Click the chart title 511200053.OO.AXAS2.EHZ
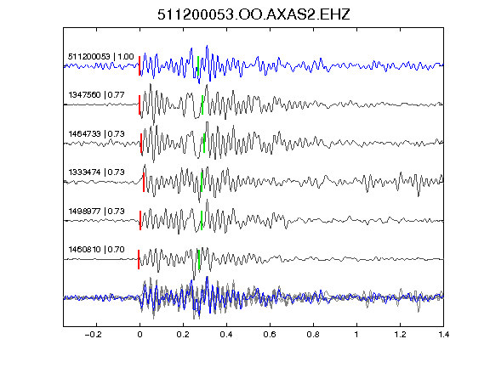click(x=254, y=14)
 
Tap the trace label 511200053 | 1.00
click(x=101, y=56)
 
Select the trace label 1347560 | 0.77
click(x=97, y=94)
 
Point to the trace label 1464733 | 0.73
click(x=97, y=134)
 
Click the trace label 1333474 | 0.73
click(x=97, y=172)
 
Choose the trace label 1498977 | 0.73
click(x=97, y=212)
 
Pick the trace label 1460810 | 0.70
click(x=97, y=250)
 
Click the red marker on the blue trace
click(x=140, y=65)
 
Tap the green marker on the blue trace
click(x=198, y=65)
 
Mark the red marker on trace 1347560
click(x=140, y=104)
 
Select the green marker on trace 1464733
click(x=204, y=143)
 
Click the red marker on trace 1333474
click(x=144, y=182)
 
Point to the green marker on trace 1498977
click(x=202, y=221)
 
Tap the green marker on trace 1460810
click(x=199, y=259)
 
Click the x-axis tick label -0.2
click(x=93, y=335)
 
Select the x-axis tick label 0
click(x=140, y=335)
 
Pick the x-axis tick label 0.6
click(x=270, y=335)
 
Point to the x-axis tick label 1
click(x=356, y=335)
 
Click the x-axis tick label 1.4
click(x=444, y=335)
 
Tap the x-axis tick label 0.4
click(x=226, y=335)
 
